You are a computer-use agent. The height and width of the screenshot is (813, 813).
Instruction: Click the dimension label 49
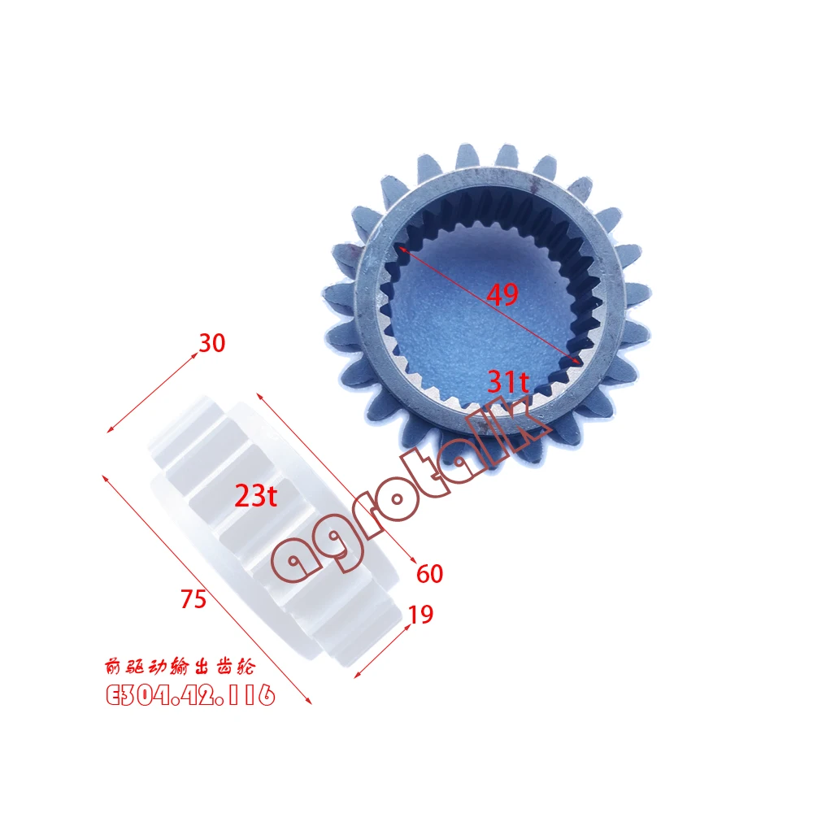[502, 294]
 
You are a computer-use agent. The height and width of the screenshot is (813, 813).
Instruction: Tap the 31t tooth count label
[509, 380]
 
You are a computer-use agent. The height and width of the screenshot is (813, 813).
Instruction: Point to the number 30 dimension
[211, 344]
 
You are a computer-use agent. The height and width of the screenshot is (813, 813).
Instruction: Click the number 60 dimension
[429, 573]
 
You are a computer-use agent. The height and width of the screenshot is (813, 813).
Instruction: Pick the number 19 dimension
[420, 615]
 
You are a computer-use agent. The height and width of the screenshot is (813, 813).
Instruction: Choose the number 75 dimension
[194, 599]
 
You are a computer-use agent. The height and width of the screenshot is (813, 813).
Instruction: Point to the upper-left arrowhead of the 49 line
[400, 249]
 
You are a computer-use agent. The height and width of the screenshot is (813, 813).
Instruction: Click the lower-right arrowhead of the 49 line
[578, 359]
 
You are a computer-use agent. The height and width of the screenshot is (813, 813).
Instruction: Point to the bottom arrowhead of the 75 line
[309, 702]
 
